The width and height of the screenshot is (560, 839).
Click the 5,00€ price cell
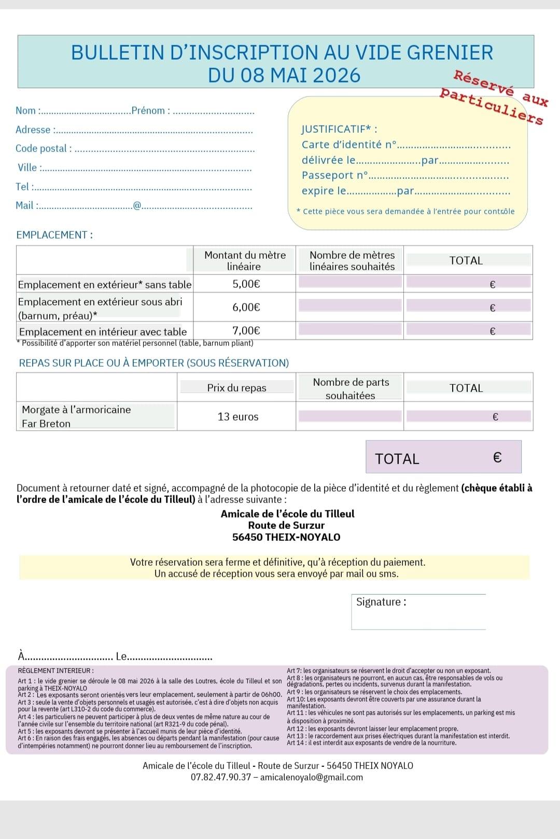[246, 284]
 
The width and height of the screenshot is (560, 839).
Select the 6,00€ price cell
[246, 307]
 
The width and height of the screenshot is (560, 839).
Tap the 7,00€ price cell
[246, 330]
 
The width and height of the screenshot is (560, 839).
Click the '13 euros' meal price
[238, 416]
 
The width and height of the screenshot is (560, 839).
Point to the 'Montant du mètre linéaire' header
[245, 260]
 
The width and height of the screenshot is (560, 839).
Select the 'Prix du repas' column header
[236, 388]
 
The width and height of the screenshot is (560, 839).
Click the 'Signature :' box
[418, 612]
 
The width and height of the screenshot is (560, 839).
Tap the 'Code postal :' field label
[44, 148]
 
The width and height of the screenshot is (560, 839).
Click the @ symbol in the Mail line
[137, 205]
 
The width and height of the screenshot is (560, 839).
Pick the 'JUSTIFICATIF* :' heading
[339, 129]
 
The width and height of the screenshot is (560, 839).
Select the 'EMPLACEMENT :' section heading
[54, 235]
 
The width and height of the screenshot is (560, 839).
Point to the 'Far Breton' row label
[46, 424]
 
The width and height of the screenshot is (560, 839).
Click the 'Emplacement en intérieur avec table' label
[103, 332]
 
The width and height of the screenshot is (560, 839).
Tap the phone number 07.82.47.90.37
[221, 777]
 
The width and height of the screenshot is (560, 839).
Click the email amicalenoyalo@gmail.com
[311, 777]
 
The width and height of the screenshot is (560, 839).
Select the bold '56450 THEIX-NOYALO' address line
[286, 537]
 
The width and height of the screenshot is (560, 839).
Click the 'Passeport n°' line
[335, 175]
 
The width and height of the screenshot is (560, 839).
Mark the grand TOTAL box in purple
[443, 457]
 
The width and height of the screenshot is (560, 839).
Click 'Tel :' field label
[25, 187]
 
